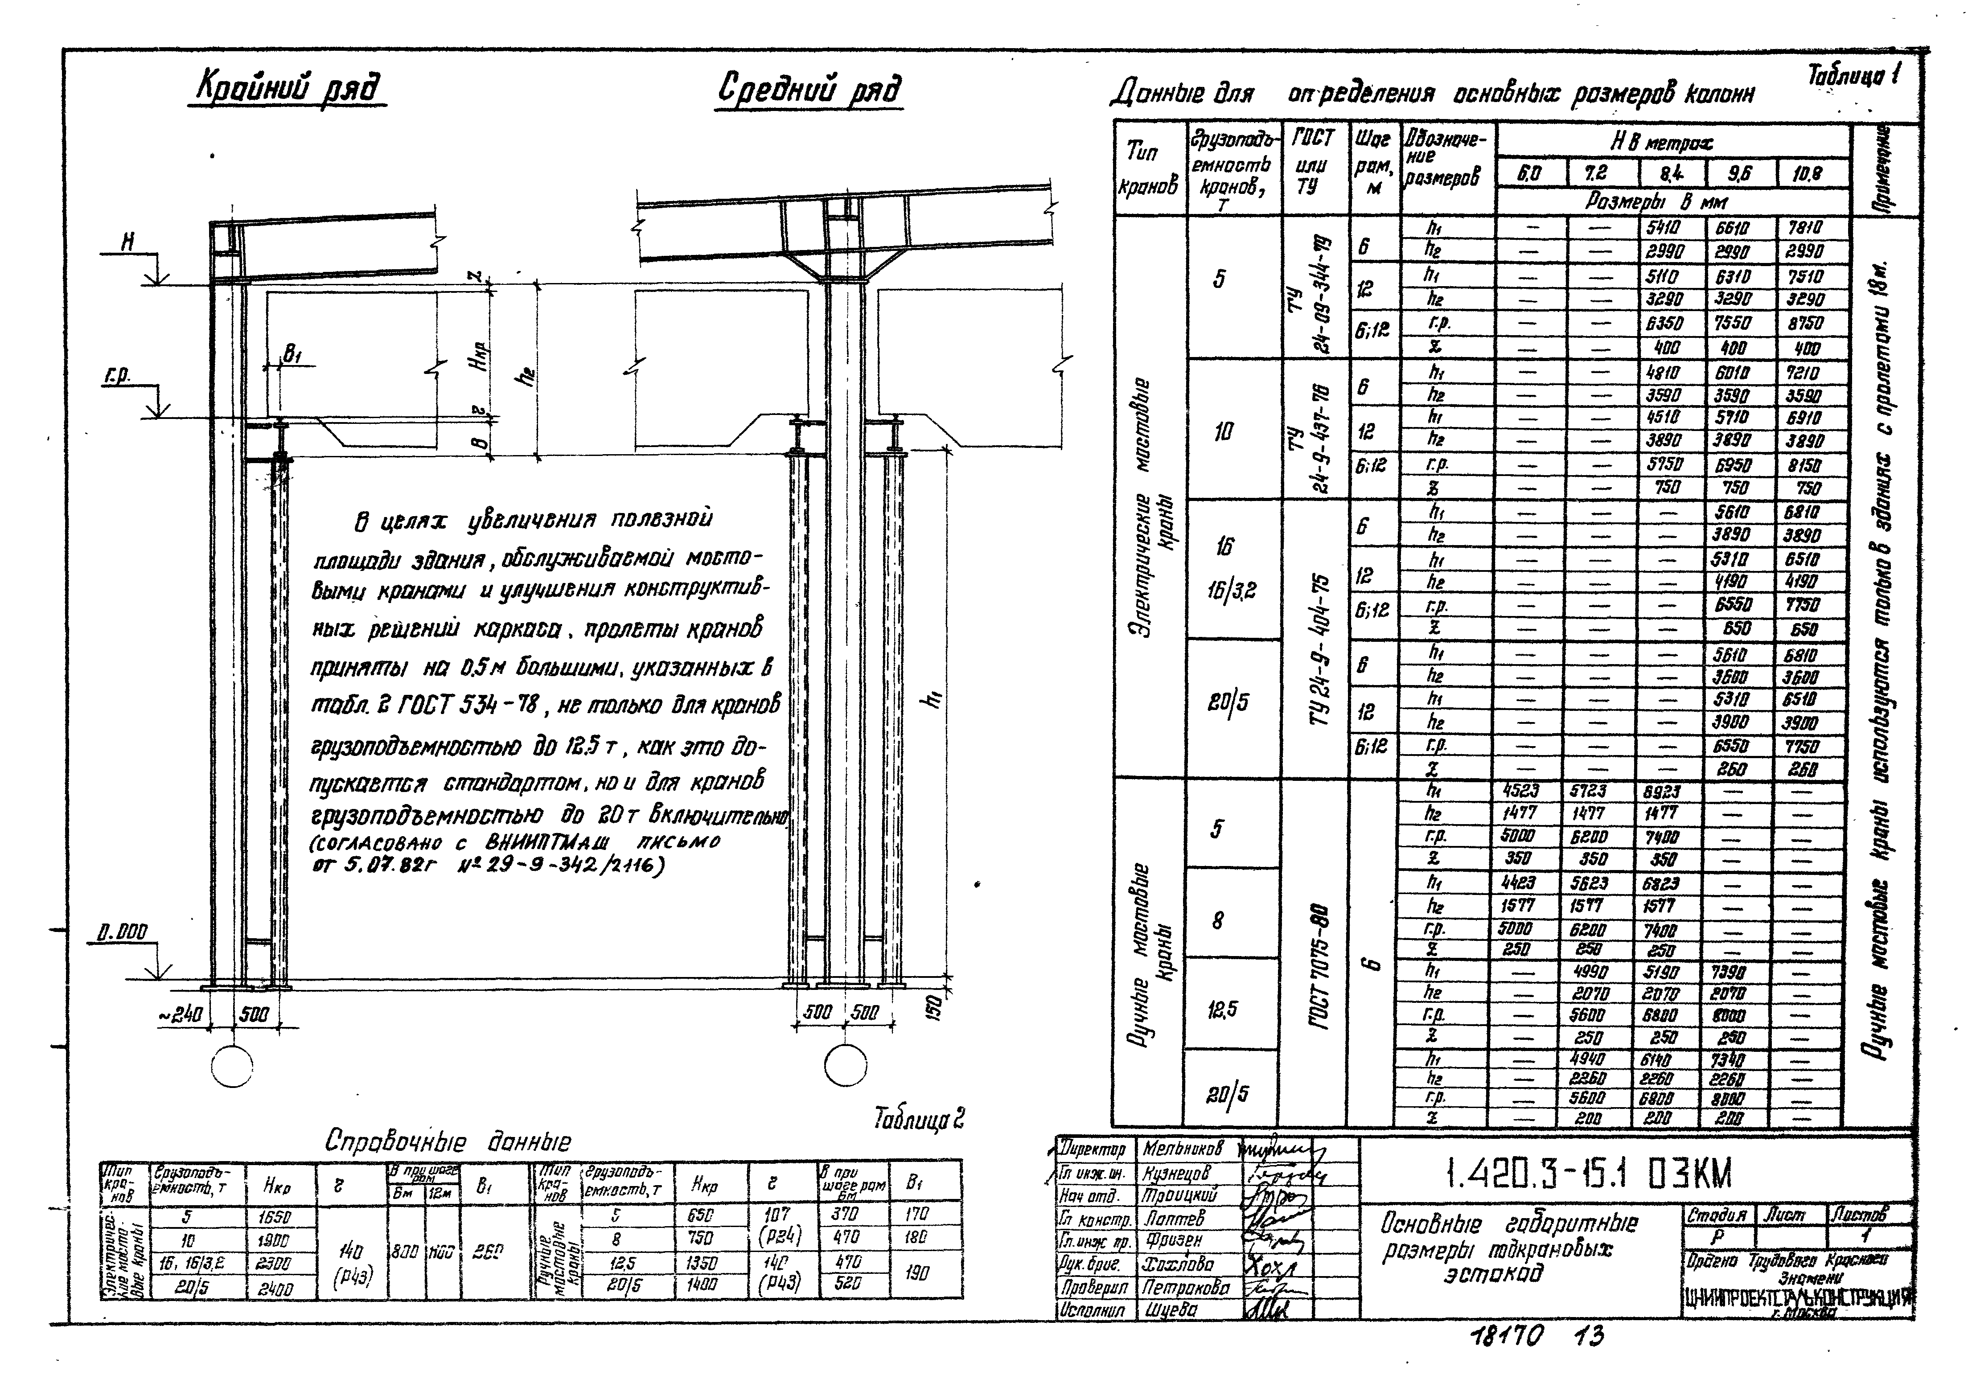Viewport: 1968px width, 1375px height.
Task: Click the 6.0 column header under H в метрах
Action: click(x=1530, y=174)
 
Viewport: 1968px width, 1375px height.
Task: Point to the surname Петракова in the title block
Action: click(x=1184, y=1288)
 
